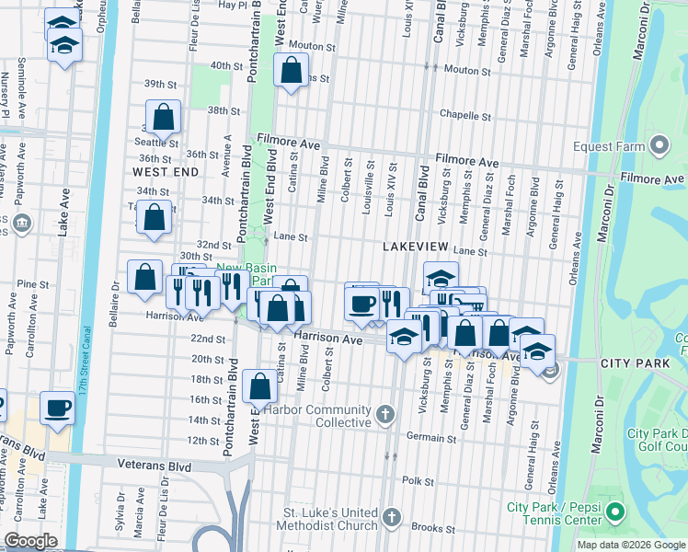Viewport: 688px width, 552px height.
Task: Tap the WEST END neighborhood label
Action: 166,172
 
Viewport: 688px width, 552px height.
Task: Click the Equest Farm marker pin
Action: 659,145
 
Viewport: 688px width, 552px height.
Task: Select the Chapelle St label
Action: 464,116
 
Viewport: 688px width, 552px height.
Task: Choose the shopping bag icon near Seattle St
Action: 163,117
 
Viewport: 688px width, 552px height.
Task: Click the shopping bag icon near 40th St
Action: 291,70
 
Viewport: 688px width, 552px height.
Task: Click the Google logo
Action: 30,542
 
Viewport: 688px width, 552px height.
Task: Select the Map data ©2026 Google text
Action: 630,545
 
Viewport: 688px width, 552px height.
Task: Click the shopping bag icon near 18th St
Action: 260,387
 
